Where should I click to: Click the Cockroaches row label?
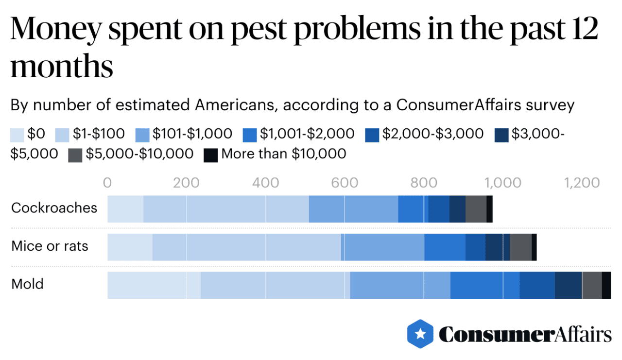[54, 208]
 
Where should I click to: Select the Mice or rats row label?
[50, 246]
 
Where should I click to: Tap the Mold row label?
[27, 284]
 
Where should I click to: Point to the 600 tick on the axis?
[345, 183]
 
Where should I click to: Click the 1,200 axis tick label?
[581, 183]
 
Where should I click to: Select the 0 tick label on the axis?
[107, 183]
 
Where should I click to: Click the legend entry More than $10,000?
[283, 154]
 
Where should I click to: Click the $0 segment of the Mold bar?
[154, 285]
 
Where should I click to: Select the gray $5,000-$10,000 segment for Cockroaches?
[476, 209]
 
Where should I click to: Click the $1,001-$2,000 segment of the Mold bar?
[484, 285]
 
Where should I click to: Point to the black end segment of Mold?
[606, 285]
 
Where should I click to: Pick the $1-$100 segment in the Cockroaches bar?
[225, 209]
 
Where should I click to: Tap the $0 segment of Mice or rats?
[130, 247]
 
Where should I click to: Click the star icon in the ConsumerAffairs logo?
[420, 334]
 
